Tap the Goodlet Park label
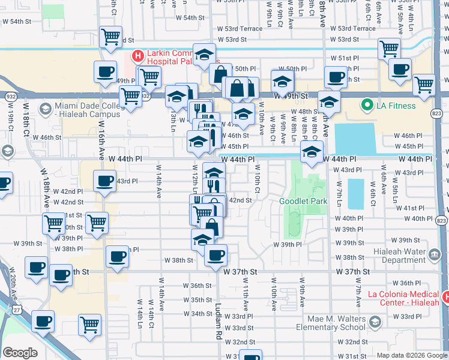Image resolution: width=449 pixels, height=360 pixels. tap(304, 201)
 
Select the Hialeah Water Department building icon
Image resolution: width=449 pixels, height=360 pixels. tap(433, 254)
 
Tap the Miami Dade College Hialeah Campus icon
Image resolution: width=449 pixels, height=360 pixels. tap(45, 108)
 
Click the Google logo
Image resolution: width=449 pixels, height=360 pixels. tap(20, 353)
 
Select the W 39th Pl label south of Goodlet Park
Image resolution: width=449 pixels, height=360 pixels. tap(287, 245)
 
